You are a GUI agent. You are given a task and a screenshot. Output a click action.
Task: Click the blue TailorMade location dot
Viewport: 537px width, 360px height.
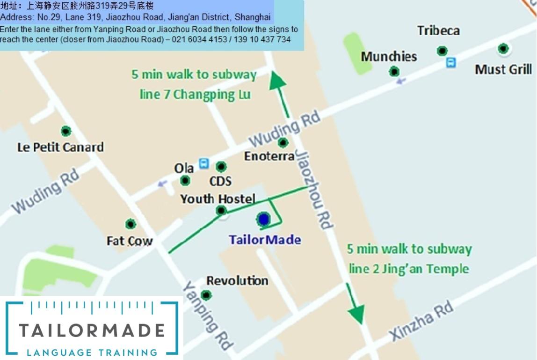coord(264,219)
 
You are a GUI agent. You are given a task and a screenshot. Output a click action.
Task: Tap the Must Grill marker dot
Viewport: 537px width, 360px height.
coord(503,48)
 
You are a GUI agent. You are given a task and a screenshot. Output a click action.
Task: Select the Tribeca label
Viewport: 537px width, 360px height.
coord(438,31)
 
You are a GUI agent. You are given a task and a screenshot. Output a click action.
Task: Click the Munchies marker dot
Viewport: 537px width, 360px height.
coord(394,71)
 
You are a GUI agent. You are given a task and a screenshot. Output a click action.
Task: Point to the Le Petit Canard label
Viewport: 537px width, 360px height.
coord(60,147)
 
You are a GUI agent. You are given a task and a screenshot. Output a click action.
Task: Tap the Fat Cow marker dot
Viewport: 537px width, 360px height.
coord(131,224)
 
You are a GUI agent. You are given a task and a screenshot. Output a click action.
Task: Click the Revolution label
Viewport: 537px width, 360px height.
coord(237,281)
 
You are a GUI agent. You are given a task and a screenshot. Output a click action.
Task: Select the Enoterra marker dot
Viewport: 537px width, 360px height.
coord(283,142)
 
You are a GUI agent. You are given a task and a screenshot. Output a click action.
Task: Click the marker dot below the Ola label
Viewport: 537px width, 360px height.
coord(185,180)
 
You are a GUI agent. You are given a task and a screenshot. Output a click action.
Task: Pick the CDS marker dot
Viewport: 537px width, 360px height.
coord(221,166)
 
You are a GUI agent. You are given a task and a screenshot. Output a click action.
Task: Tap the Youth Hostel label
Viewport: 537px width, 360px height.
coord(218,199)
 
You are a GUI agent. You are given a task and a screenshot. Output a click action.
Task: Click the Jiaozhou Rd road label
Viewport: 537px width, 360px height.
coord(314,189)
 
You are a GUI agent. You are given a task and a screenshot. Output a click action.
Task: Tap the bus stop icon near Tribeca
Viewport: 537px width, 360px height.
coord(451,62)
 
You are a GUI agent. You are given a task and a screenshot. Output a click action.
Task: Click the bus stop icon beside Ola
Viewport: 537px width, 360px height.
coord(204,163)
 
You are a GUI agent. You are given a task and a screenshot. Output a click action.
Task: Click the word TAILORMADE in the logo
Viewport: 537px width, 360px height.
coord(92,331)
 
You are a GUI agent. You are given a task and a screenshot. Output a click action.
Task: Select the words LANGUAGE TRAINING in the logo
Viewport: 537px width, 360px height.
coord(92,352)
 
